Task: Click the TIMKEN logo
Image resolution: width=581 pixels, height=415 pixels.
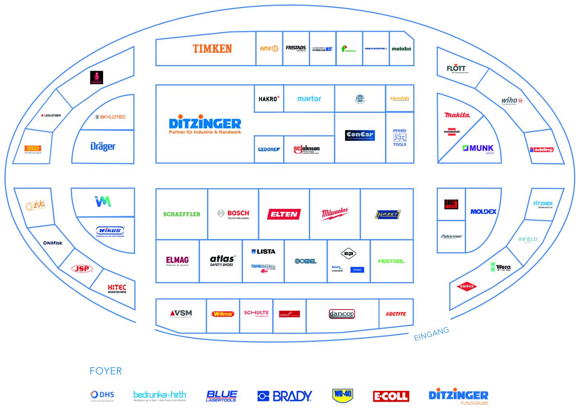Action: [212, 49]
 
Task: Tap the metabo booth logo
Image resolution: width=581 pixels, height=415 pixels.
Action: [401, 49]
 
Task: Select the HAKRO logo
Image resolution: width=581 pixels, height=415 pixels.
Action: [269, 99]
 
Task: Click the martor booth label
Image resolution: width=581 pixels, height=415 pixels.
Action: [309, 99]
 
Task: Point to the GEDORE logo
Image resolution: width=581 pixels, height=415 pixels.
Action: [269, 150]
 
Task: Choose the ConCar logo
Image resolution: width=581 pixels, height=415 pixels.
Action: [360, 135]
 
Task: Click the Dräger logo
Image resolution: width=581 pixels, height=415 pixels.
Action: [103, 146]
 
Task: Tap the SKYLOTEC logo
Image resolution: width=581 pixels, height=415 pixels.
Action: [110, 117]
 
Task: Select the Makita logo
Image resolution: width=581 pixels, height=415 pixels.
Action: [457, 115]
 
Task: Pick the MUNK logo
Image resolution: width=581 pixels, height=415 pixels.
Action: [478, 148]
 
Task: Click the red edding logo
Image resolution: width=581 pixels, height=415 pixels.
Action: [542, 150]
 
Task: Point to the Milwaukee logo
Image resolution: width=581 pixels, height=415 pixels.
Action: [335, 213]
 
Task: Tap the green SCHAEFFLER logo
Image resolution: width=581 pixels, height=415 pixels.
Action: [182, 214]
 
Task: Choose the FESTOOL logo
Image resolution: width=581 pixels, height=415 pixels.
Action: [391, 261]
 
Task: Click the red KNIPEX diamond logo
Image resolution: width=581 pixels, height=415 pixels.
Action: [466, 286]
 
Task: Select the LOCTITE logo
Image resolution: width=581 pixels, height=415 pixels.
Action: [396, 314]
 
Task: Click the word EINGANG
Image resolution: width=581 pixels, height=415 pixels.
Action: [431, 334]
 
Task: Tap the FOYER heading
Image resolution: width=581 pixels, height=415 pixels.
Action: [106, 371]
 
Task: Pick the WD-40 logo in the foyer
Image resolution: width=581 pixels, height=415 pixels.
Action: [342, 395]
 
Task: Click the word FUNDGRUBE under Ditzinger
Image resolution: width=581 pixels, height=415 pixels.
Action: [474, 403]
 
